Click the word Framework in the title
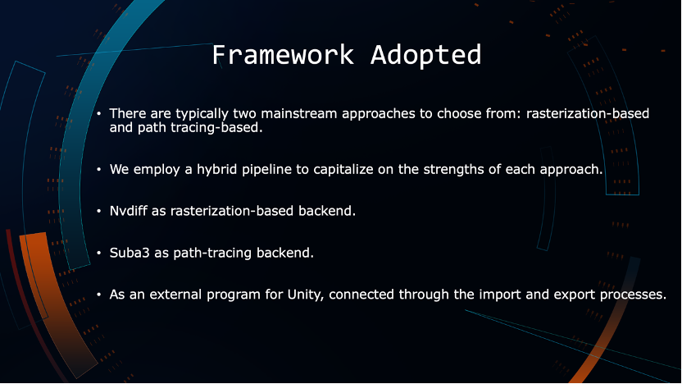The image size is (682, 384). [283, 55]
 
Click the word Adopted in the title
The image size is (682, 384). [425, 56]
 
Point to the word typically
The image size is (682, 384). [202, 113]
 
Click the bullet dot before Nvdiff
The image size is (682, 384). [98, 211]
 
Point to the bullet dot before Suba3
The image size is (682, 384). [98, 253]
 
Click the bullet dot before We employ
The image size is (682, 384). [98, 169]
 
